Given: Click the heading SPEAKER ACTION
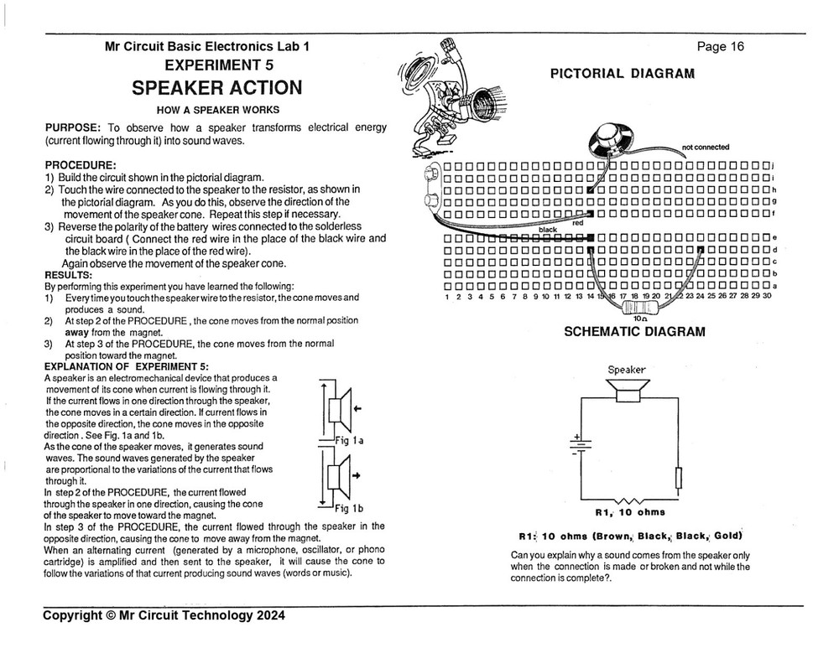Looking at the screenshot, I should pos(216,88).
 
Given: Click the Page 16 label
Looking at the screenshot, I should pos(720,47).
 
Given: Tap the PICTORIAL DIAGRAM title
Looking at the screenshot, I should pos(622,74).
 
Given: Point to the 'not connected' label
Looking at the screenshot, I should pos(706,148).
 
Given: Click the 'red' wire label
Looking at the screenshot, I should pos(577,223).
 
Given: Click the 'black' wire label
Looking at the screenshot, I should pos(548,230).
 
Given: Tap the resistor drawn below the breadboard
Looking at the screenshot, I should pos(640,308).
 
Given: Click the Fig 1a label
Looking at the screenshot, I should pos(346,441).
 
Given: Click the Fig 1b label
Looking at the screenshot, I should pos(347,508).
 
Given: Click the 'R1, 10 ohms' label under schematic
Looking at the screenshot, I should pos(629,512).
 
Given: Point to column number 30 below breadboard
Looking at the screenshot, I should pos(767,296).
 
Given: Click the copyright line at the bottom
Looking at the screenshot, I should pos(164,615).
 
